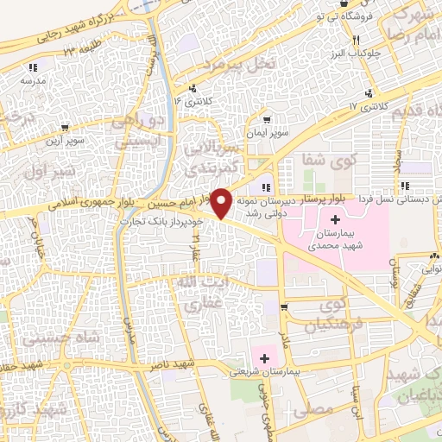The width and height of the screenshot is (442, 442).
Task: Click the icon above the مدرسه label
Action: point(34,67)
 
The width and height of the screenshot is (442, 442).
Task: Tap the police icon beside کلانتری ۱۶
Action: point(193,87)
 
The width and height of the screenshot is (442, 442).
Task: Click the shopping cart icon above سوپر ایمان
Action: point(268,120)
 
